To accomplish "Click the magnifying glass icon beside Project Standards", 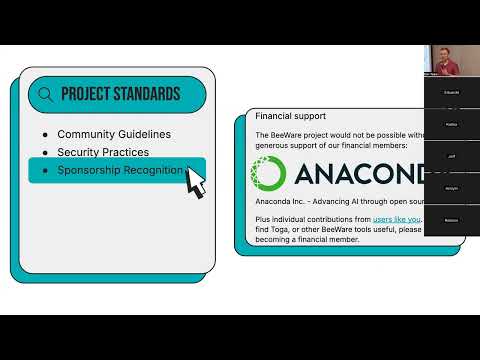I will pos(45,95).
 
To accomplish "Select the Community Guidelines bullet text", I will pos(114,134).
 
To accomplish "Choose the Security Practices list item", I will pos(103,152).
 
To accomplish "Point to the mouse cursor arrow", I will pos(195,182).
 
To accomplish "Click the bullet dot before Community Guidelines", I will pos(44,134).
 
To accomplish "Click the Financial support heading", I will pos(289,116).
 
